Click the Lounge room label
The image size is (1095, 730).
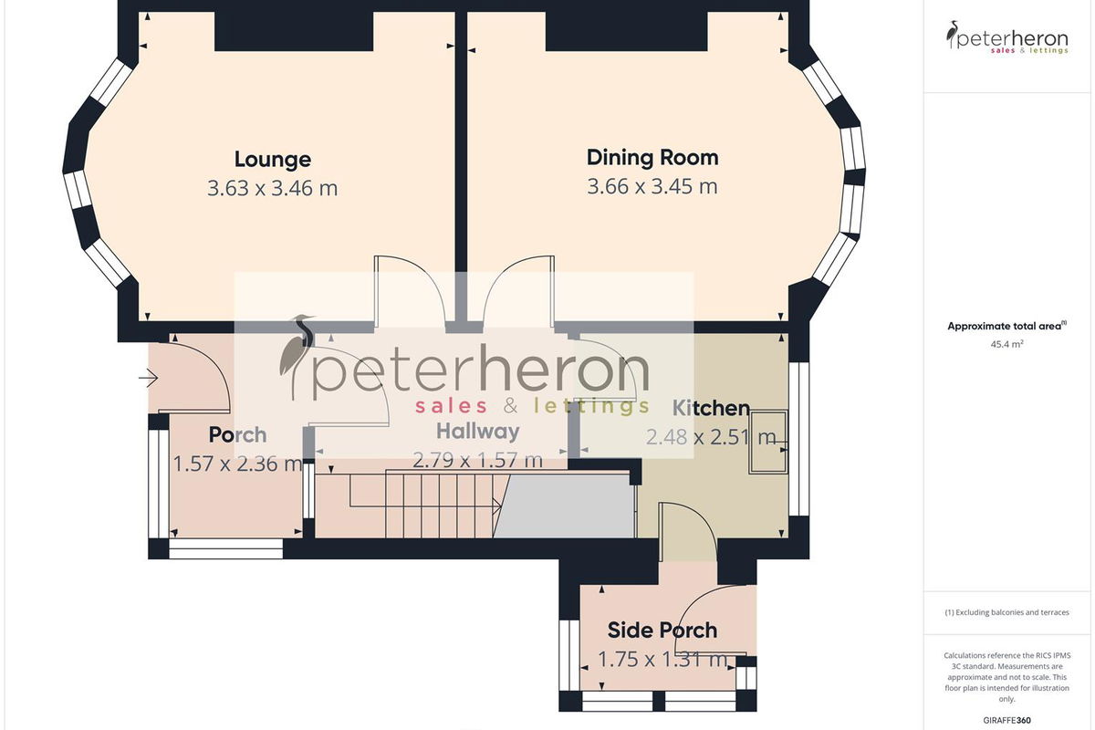click(272, 160)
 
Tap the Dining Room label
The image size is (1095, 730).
click(652, 158)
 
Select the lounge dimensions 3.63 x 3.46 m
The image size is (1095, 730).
click(272, 188)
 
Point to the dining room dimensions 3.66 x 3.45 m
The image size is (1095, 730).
click(652, 186)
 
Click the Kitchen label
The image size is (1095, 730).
click(711, 408)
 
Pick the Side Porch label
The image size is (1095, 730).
click(662, 631)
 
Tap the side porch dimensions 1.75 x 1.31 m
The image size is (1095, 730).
click(662, 659)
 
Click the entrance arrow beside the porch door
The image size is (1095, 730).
click(148, 378)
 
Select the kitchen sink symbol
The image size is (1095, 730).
click(768, 442)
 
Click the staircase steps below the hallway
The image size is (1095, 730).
click(430, 504)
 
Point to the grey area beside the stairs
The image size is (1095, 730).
click(565, 506)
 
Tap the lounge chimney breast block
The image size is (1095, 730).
click(294, 31)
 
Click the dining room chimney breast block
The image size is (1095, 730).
click(627, 31)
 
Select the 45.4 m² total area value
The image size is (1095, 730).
click(1007, 344)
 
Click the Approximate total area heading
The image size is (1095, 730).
click(1007, 326)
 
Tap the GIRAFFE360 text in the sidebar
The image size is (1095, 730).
click(1007, 720)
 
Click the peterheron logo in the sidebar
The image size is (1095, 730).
click(1007, 37)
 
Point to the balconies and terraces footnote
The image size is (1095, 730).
click(1007, 612)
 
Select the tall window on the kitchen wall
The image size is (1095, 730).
click(798, 439)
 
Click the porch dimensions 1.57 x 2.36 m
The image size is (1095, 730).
click(237, 464)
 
